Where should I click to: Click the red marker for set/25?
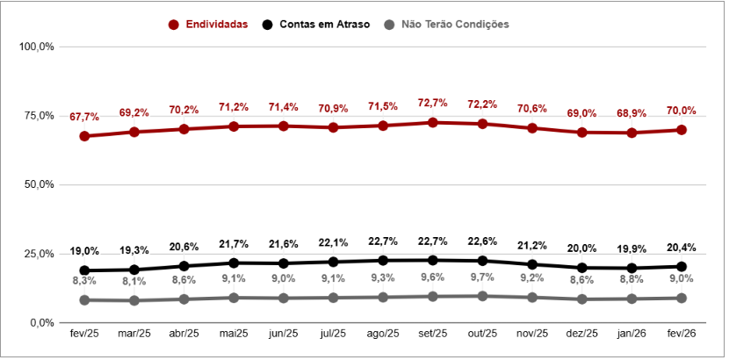coord(433,122)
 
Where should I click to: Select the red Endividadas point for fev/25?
coord(84,136)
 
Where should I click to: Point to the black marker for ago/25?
coord(383,260)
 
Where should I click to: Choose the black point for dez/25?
coord(582,268)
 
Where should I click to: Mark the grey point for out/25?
coord(482,296)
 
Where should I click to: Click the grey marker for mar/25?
coord(134,300)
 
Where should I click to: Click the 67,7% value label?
coord(84,117)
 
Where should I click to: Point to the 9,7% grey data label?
coord(482,277)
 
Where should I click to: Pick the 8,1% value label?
coord(134,282)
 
